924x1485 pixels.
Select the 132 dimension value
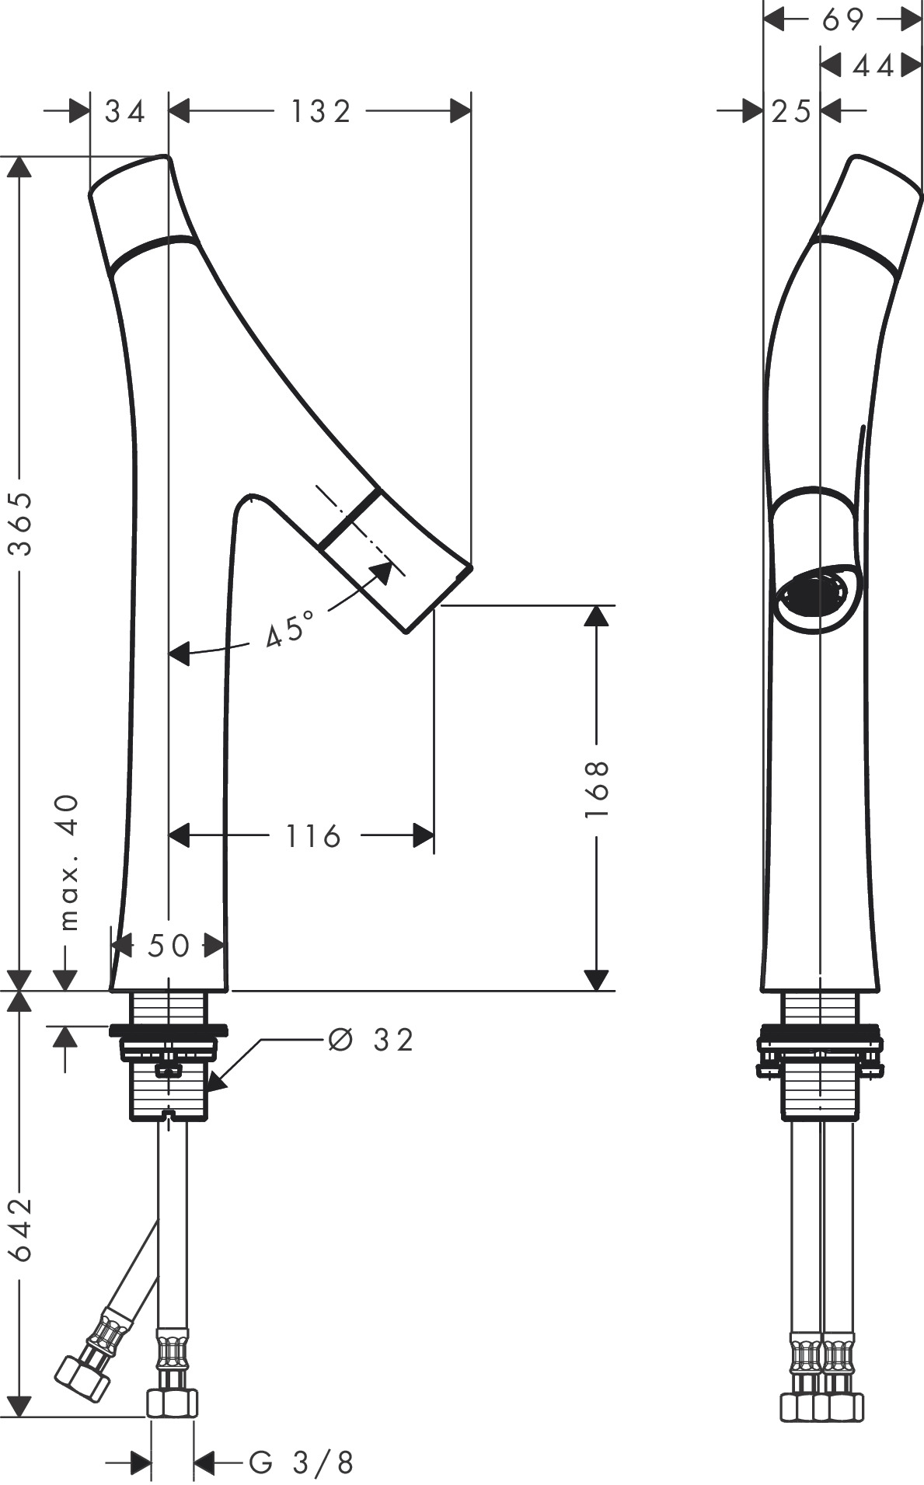(x=321, y=112)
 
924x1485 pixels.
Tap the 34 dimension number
(x=126, y=112)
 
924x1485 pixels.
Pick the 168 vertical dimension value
(x=596, y=788)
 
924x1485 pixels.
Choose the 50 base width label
(x=169, y=946)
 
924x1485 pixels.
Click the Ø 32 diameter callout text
(x=371, y=1040)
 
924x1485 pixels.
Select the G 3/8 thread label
(x=302, y=1463)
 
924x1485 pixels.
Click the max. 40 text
(x=69, y=862)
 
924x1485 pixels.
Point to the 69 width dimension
(x=842, y=19)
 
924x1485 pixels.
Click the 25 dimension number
(x=792, y=112)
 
